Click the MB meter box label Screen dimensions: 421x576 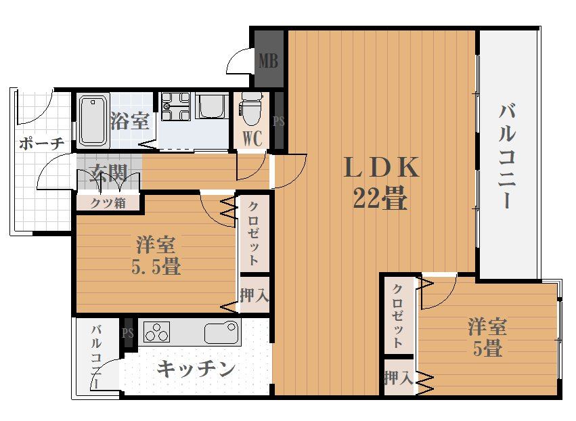pyautogui.click(x=268, y=62)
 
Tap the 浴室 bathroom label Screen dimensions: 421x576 pyautogui.click(x=129, y=121)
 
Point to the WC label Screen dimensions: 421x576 pyautogui.click(x=252, y=139)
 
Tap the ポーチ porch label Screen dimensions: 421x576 pyautogui.click(x=41, y=143)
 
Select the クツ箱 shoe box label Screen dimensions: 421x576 pyautogui.click(x=108, y=202)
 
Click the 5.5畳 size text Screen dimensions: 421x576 pyautogui.click(x=156, y=266)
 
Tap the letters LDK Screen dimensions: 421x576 pyautogui.click(x=382, y=167)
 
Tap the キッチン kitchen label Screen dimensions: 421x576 pyautogui.click(x=196, y=369)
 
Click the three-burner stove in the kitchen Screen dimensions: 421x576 pyautogui.click(x=156, y=332)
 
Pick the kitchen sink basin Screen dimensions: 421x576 pyautogui.click(x=221, y=333)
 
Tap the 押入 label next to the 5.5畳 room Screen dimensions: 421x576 pyautogui.click(x=254, y=295)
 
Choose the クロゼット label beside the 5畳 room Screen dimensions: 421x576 pyautogui.click(x=399, y=314)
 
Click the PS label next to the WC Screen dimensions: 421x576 pyautogui.click(x=278, y=122)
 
